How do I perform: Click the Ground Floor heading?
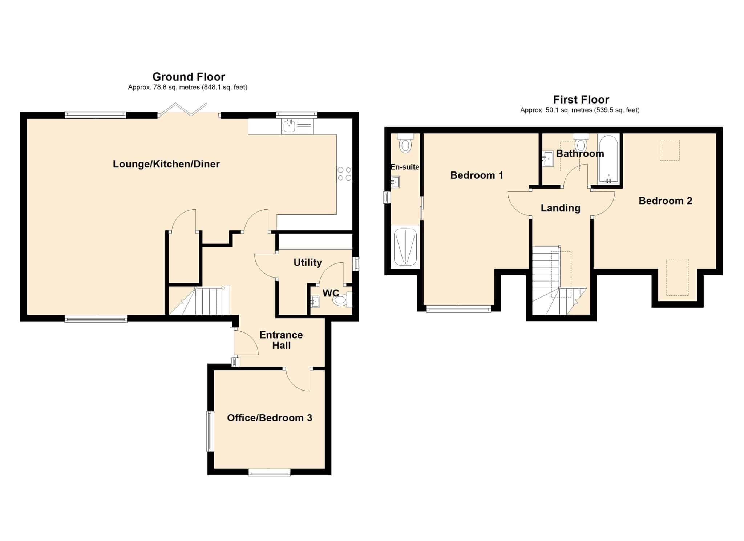[189, 77]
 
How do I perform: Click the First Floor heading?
[581, 99]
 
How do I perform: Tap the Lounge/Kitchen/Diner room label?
[166, 164]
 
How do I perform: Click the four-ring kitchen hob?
[344, 174]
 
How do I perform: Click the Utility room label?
[308, 262]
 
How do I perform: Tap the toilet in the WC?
[343, 300]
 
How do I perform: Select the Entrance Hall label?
[281, 340]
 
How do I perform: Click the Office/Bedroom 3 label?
[270, 418]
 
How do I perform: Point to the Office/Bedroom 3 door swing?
[298, 380]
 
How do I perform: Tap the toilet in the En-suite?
[405, 143]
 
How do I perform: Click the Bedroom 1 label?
[477, 175]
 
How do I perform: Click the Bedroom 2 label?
[665, 201]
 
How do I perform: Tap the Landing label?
[560, 208]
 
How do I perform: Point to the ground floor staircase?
[199, 301]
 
